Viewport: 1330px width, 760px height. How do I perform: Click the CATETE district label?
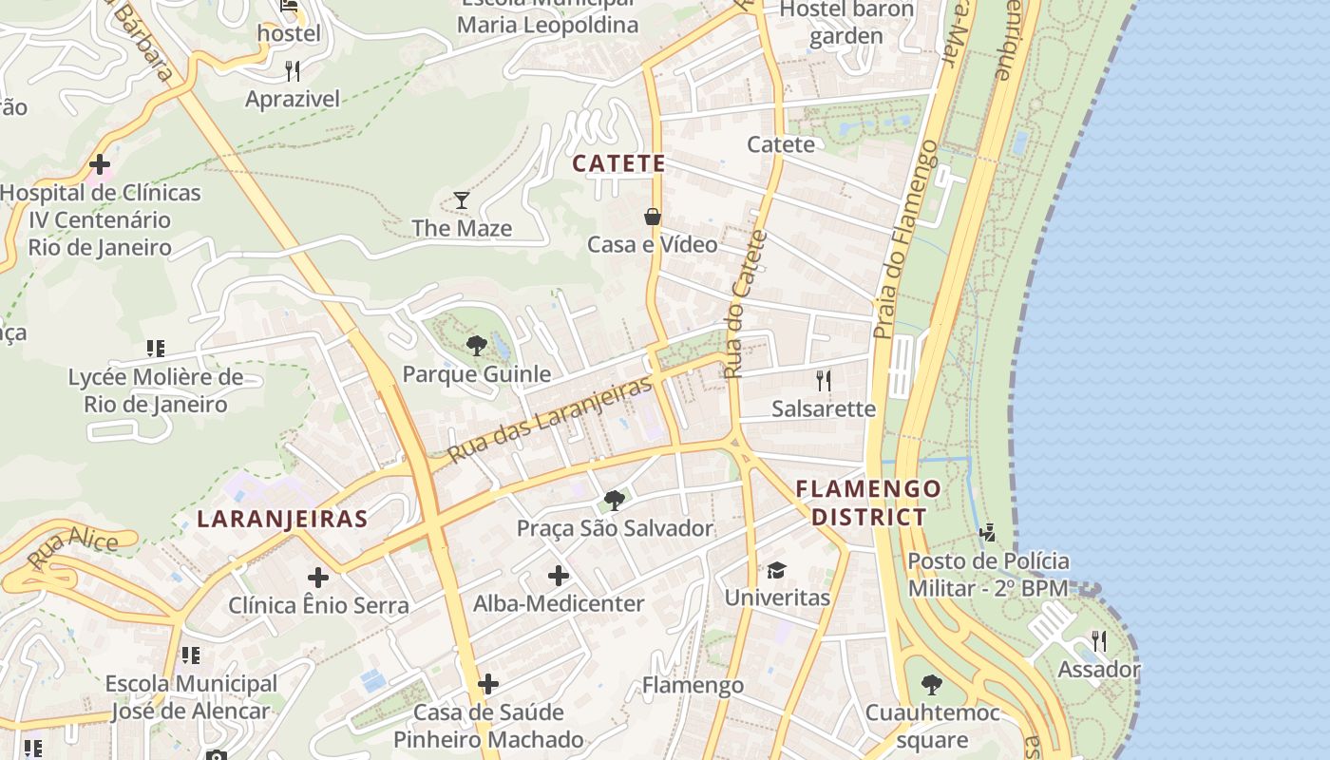(618, 163)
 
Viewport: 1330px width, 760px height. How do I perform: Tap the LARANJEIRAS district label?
(282, 519)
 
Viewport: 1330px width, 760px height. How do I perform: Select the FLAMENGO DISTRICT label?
(868, 503)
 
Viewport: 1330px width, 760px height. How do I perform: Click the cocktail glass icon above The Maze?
(462, 199)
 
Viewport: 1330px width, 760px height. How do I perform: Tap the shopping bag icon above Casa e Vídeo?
(653, 217)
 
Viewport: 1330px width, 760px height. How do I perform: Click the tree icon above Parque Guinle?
(477, 346)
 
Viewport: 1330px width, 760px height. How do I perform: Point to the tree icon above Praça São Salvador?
(615, 500)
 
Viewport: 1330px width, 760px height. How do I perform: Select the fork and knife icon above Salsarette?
(824, 381)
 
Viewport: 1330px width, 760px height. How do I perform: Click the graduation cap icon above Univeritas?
(777, 570)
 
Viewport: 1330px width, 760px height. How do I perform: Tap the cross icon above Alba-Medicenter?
(559, 576)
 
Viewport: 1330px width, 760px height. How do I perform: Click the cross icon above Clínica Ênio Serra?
(318, 578)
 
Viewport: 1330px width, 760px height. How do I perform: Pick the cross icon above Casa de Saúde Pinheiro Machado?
(488, 684)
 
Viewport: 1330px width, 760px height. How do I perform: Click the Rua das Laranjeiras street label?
(551, 419)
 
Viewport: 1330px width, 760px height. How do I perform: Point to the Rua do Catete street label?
(745, 304)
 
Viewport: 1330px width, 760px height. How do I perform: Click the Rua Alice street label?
(73, 549)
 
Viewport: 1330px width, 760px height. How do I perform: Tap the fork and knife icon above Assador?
(1099, 641)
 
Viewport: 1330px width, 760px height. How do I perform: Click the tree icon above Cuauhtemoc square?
(932, 685)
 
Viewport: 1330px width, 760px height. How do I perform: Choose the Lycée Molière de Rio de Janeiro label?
(155, 390)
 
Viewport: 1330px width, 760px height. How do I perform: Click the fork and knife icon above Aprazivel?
(293, 70)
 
